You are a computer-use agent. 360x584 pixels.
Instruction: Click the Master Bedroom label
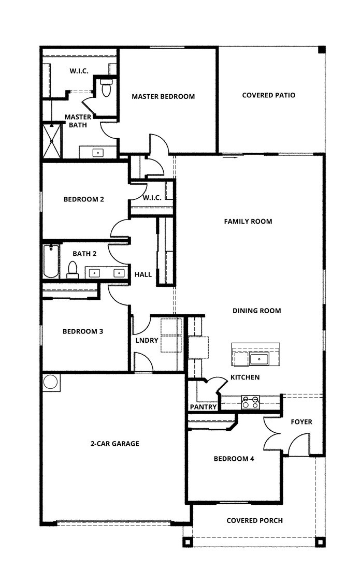[163, 96]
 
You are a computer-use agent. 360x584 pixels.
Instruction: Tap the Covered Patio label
[268, 95]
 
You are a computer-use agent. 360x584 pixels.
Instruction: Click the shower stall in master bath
[52, 140]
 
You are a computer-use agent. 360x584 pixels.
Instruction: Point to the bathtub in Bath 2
[51, 261]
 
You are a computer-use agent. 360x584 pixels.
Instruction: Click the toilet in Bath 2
[73, 269]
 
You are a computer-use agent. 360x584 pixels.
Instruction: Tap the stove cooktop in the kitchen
[250, 402]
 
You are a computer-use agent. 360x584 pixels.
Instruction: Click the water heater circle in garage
[51, 382]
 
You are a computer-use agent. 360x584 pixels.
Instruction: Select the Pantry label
[203, 407]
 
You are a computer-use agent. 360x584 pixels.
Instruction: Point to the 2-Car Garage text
[114, 444]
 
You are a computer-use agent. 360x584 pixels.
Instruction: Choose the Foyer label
[301, 422]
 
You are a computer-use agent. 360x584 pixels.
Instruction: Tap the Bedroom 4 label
[234, 459]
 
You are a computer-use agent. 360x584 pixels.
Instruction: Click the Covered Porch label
[254, 520]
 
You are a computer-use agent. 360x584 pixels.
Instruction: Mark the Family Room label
[248, 222]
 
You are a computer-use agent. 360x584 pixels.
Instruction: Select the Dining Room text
[256, 311]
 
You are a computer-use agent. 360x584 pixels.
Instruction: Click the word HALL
[143, 274]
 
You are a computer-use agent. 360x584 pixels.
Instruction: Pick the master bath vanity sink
[97, 153]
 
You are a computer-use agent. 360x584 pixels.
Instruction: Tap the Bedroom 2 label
[84, 199]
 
